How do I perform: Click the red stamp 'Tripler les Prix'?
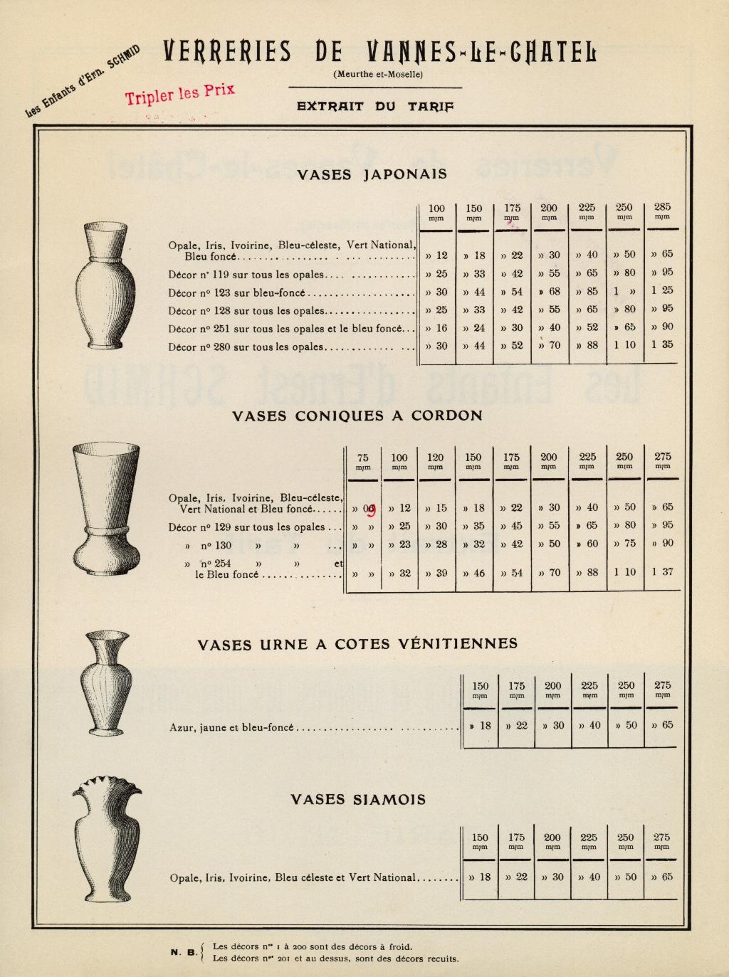180,94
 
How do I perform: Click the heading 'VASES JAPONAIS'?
372,174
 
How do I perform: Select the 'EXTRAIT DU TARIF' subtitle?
374,107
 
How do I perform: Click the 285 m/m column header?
661,211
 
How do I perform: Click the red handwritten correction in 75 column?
370,509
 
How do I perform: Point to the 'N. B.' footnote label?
184,952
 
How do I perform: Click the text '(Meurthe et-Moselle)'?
377,74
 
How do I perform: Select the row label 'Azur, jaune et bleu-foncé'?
231,728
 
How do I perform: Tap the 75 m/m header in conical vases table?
363,461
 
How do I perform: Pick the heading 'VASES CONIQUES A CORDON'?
357,416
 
